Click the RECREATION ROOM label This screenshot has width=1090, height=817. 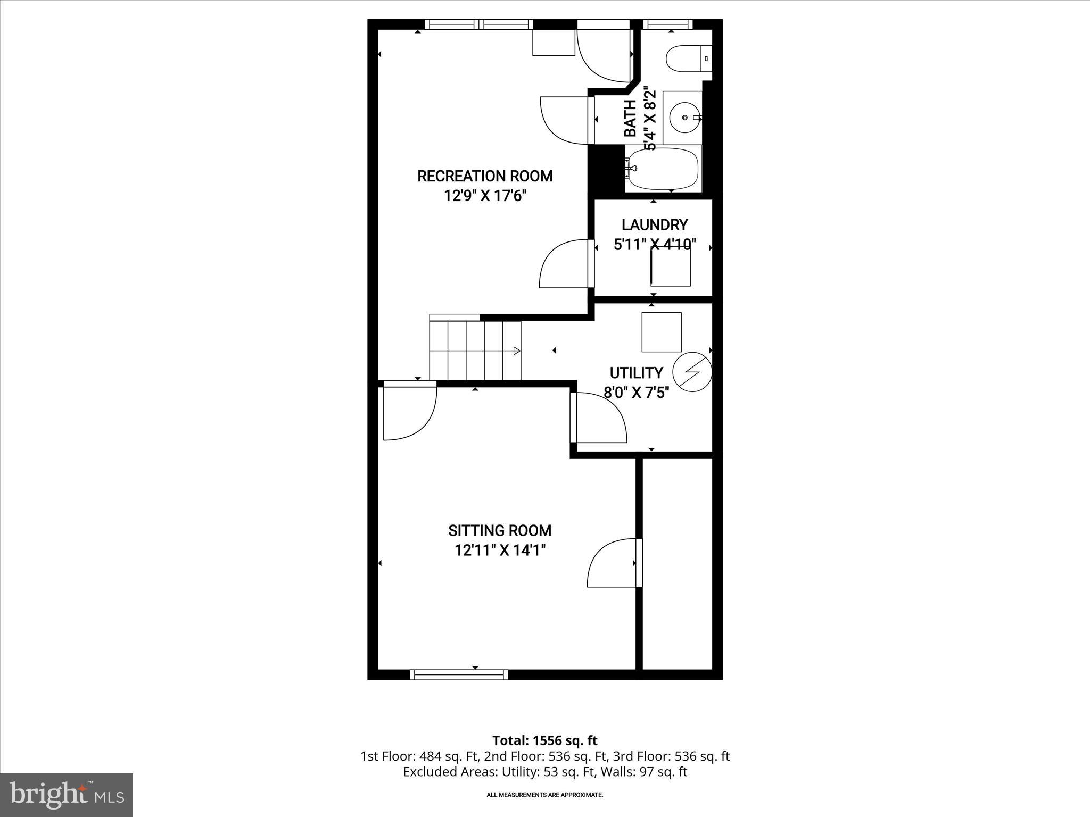click(x=484, y=176)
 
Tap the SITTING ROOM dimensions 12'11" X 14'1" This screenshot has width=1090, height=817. click(x=500, y=550)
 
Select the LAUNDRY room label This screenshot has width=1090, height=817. click(x=654, y=224)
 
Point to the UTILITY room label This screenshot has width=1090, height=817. click(x=636, y=372)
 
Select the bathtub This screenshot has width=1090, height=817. click(x=663, y=169)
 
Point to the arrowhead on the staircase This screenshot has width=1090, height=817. click(x=516, y=351)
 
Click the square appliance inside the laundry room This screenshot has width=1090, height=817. click(x=671, y=266)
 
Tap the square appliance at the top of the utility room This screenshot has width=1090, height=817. click(x=661, y=332)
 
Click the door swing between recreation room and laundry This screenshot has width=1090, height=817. click(x=565, y=264)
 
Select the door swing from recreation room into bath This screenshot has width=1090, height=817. click(x=565, y=120)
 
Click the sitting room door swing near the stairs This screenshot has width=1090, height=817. click(x=409, y=412)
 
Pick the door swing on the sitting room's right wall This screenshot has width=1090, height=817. click(x=612, y=564)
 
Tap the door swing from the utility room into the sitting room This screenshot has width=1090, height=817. click(x=600, y=418)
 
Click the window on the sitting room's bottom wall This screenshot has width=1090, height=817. click(x=459, y=674)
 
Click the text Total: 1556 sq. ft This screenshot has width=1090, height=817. click(x=544, y=740)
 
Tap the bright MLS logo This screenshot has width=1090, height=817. click(x=67, y=795)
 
